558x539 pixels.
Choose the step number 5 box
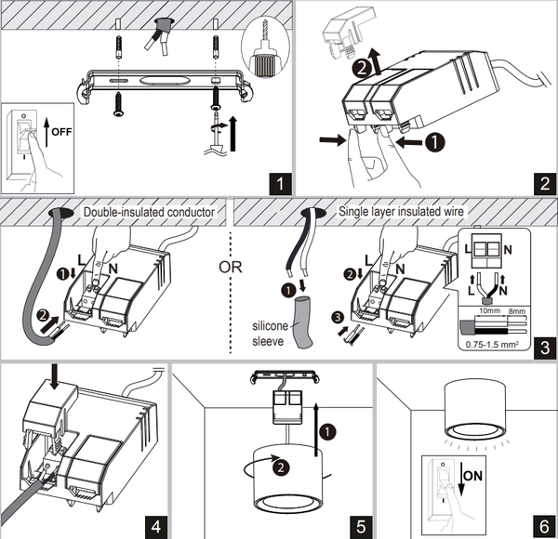360,524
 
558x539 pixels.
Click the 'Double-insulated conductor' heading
149,212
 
